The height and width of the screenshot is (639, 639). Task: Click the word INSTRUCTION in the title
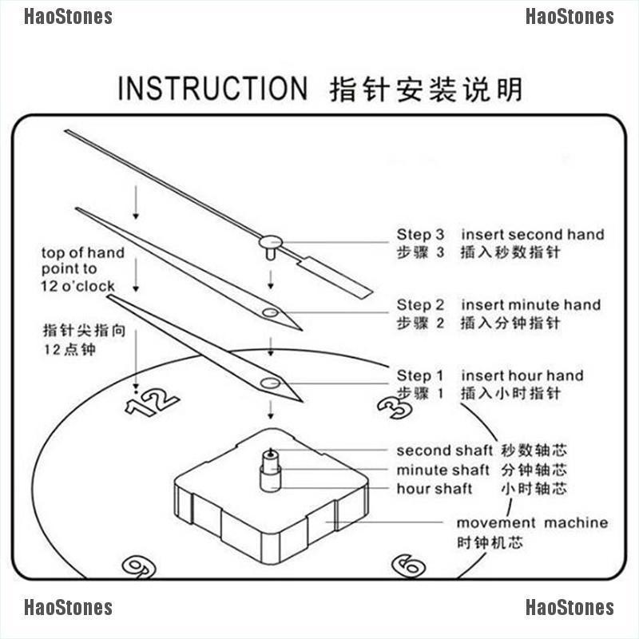point(212,88)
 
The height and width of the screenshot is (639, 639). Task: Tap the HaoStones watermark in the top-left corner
point(68,17)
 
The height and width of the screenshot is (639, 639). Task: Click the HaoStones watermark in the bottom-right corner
point(570,608)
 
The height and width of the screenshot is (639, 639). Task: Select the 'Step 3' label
point(420,235)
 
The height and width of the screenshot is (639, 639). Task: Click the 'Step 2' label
point(420,305)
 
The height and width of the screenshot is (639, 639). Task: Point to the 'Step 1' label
point(420,375)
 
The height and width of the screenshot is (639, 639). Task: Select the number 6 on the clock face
point(408,564)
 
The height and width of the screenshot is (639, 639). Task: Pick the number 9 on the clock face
point(138,566)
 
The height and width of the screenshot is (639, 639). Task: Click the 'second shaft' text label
point(445,450)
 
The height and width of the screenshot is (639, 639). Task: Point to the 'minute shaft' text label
point(443,470)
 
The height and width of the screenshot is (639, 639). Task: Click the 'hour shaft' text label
point(435,489)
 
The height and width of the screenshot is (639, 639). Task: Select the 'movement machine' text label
point(532,523)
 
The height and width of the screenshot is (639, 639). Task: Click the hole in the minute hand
point(270,313)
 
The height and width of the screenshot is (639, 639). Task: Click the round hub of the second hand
point(271,239)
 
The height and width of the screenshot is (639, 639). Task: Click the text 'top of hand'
point(83,252)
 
